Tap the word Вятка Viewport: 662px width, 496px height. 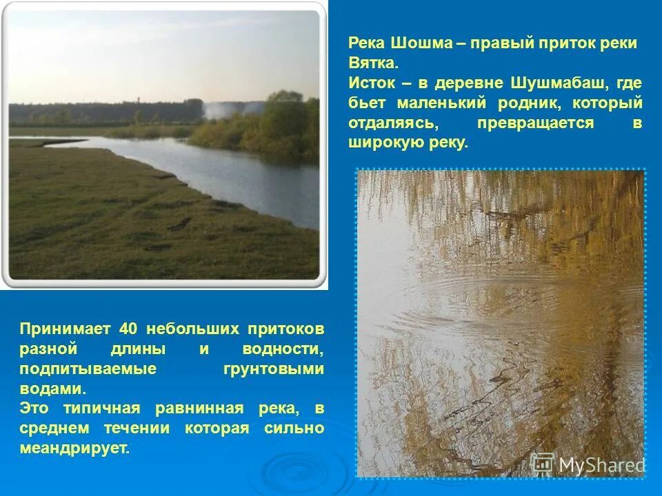click(x=373, y=63)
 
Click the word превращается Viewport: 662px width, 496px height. click(x=535, y=123)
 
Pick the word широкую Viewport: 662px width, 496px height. click(x=386, y=143)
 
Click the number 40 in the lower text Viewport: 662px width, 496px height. click(x=130, y=329)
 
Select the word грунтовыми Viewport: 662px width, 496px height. click(x=274, y=369)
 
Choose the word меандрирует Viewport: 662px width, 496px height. click(x=74, y=448)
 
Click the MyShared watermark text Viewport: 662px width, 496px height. click(x=601, y=465)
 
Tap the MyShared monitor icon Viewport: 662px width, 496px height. click(x=543, y=463)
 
